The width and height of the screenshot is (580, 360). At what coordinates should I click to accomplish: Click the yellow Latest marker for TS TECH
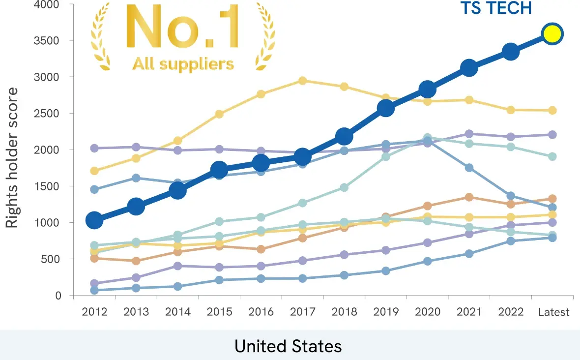552,34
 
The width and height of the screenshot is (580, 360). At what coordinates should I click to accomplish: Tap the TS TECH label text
496,8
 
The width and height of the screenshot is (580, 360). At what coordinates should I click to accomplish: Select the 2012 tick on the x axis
94,312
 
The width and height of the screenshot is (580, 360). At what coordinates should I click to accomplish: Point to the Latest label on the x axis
553,312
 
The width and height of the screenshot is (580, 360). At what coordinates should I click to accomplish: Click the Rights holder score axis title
12,157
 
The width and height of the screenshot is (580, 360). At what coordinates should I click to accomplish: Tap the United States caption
288,346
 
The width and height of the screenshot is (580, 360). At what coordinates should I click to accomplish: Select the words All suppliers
183,63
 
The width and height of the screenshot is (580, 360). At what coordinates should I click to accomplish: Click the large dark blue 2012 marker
94,220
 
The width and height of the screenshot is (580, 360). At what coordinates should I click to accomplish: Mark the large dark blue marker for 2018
344,136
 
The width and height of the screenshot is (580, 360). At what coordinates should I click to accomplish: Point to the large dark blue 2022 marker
511,51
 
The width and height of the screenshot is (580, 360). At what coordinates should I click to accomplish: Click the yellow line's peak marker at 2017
303,81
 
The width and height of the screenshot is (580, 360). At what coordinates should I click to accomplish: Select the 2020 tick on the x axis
427,312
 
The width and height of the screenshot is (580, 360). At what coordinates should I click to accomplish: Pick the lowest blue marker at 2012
94,290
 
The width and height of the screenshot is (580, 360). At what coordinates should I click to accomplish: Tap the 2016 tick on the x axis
261,312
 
